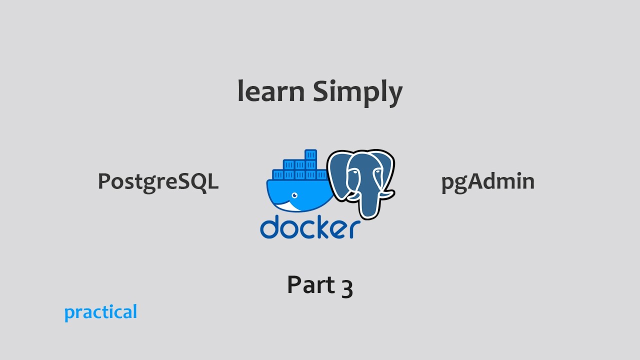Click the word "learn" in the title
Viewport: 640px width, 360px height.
[x=270, y=91]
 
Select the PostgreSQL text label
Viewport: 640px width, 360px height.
[x=158, y=181]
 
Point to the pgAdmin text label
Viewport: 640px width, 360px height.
[x=487, y=181]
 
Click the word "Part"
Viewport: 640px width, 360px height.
[x=306, y=284]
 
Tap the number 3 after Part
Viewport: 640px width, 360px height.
[x=347, y=287]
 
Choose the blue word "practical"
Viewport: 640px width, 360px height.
[x=100, y=312]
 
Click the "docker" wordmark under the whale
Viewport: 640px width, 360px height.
[x=310, y=227]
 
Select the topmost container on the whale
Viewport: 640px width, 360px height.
[x=311, y=154]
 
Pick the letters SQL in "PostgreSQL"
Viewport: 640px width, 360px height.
[x=200, y=181]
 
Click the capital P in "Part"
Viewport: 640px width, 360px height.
[x=294, y=284]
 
